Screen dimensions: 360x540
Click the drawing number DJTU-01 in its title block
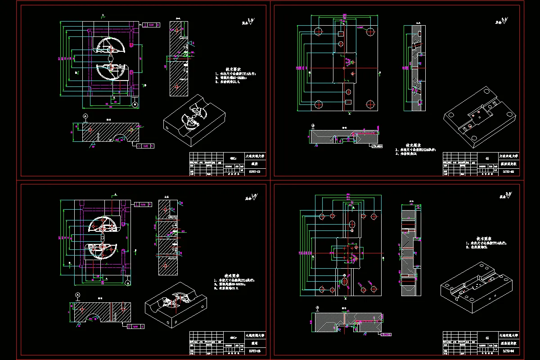[254, 171]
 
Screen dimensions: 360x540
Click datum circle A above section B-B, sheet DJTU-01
[85, 116]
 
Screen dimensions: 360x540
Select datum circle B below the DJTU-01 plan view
[135, 104]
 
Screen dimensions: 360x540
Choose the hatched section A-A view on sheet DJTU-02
[412, 67]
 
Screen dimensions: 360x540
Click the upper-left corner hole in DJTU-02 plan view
[318, 31]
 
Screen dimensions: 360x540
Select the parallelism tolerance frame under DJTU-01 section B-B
[146, 146]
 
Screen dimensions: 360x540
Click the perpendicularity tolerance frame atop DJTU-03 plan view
[143, 204]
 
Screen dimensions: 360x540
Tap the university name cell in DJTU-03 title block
[255, 335]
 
